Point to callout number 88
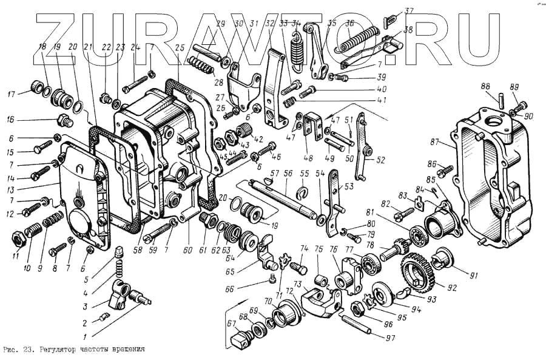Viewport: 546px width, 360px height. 487,86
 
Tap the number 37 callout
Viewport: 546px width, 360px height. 409,10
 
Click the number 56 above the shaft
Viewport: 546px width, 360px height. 288,173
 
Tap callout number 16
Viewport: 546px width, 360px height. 10,120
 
